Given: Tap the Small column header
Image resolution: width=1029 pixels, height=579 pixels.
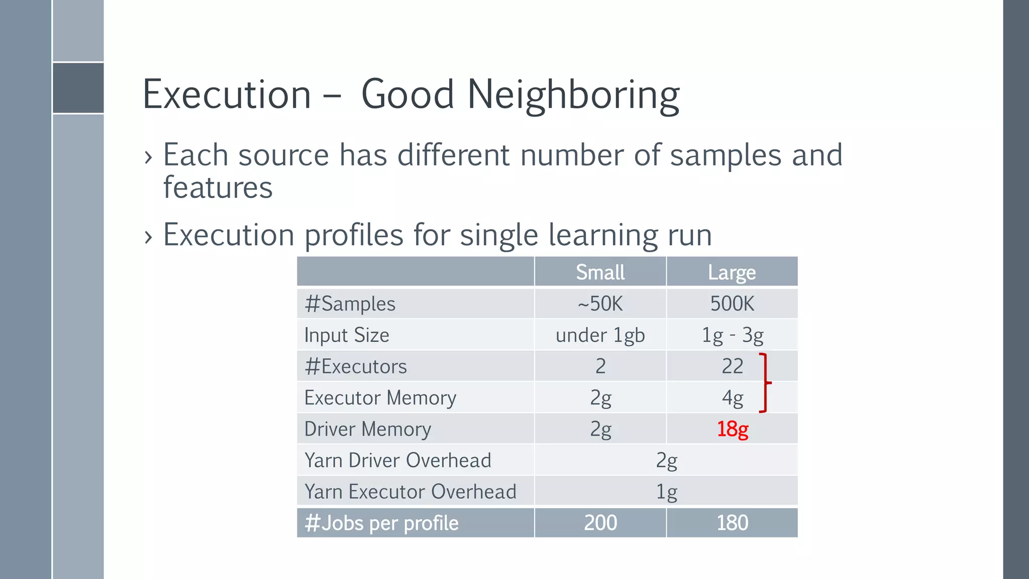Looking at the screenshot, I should (600, 272).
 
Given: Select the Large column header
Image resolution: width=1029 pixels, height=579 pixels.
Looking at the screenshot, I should (732, 272).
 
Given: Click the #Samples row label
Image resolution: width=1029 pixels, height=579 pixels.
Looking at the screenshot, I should (350, 304).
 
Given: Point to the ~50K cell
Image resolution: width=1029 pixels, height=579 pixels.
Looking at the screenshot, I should (600, 304).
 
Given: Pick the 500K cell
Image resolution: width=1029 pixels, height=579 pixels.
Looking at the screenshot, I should (732, 304).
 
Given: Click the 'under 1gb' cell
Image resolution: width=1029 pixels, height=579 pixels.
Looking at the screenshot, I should (600, 335).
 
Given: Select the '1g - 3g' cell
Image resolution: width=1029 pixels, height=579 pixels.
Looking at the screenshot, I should (732, 335).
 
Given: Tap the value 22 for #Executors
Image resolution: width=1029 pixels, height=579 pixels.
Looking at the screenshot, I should (732, 366).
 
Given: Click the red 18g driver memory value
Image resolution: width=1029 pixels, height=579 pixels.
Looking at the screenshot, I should (732, 429).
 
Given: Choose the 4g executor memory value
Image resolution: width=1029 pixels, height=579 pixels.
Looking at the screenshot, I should (732, 398).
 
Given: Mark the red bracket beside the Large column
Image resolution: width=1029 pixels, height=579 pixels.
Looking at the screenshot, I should (764, 383).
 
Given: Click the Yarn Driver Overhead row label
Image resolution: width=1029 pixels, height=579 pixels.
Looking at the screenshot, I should (397, 460).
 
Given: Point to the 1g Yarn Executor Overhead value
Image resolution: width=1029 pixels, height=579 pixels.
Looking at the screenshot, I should (666, 492).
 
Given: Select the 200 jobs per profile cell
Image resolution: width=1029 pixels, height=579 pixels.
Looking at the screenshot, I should (600, 523).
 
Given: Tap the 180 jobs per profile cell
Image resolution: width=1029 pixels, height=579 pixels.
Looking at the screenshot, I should (732, 523).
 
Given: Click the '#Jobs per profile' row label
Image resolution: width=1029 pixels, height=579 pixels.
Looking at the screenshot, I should (381, 523).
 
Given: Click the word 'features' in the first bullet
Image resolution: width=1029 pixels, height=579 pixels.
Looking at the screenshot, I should (218, 188).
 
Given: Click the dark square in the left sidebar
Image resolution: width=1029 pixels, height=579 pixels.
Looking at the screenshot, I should (78, 88).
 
